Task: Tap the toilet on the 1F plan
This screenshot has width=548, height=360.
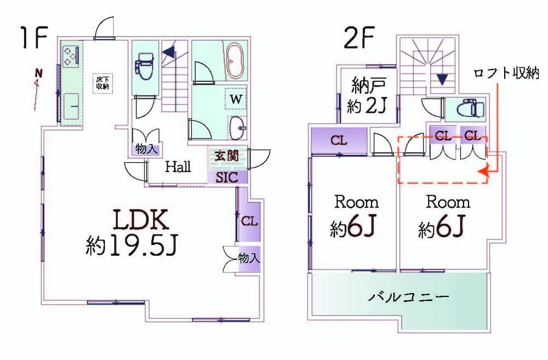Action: (144, 67)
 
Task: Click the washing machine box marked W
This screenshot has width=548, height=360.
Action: (236, 99)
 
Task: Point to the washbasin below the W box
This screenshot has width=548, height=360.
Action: (238, 128)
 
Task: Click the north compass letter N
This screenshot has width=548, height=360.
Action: (39, 73)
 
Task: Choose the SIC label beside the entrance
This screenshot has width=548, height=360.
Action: (227, 178)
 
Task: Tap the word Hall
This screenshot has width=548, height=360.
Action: (178, 167)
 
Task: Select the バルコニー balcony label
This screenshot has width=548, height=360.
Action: (409, 298)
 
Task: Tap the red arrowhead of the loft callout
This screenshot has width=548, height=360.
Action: (483, 172)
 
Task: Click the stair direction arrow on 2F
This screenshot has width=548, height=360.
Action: (442, 79)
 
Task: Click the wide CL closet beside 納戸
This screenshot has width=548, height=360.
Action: (339, 140)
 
